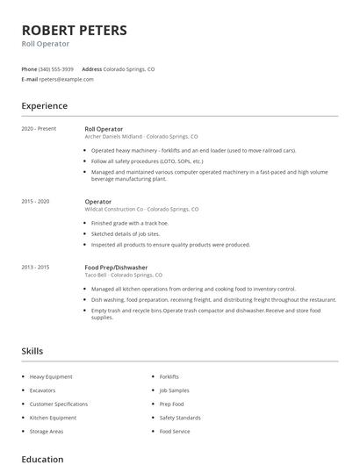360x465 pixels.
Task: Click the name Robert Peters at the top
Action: [74, 30]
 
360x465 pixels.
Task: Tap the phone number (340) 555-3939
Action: [56, 68]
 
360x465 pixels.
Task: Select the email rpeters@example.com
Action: [66, 79]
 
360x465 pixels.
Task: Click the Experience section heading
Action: [44, 106]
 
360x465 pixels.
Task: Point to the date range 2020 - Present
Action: [39, 129]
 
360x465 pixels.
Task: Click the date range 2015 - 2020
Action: [35, 202]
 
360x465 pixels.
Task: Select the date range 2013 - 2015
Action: [35, 267]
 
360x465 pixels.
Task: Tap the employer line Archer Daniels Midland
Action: [140, 137]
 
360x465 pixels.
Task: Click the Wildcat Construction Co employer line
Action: [141, 210]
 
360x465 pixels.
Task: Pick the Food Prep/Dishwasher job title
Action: [116, 267]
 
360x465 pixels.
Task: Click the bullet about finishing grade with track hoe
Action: [133, 223]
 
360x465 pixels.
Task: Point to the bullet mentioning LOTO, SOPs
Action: [148, 161]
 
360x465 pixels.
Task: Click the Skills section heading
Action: [32, 351]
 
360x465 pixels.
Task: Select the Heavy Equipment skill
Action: [51, 376]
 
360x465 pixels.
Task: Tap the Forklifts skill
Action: [169, 376]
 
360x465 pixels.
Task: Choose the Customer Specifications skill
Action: [59, 404]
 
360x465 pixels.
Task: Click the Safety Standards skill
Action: [180, 418]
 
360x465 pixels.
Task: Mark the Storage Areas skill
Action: [47, 431]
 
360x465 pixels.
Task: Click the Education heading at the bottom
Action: [42, 459]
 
